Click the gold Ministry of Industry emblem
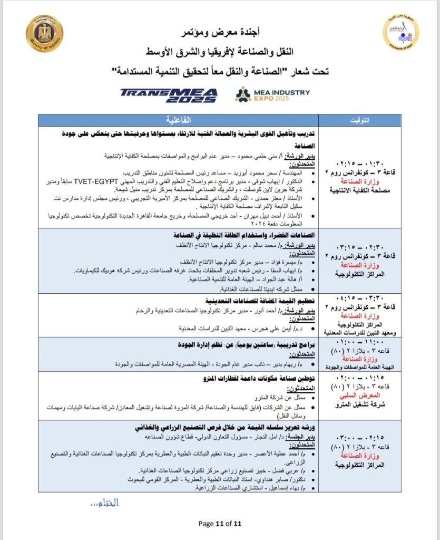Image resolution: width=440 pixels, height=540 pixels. pyautogui.click(x=44, y=33)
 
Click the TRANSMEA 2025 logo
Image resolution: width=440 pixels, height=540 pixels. pyautogui.click(x=169, y=95)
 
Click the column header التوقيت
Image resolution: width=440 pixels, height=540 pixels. pyautogui.click(x=360, y=120)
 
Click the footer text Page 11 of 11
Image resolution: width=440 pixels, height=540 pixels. pyautogui.click(x=220, y=524)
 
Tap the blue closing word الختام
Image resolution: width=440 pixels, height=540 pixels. pyautogui.click(x=105, y=503)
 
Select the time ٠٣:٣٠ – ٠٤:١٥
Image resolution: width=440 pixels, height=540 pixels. pyautogui.click(x=360, y=298)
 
